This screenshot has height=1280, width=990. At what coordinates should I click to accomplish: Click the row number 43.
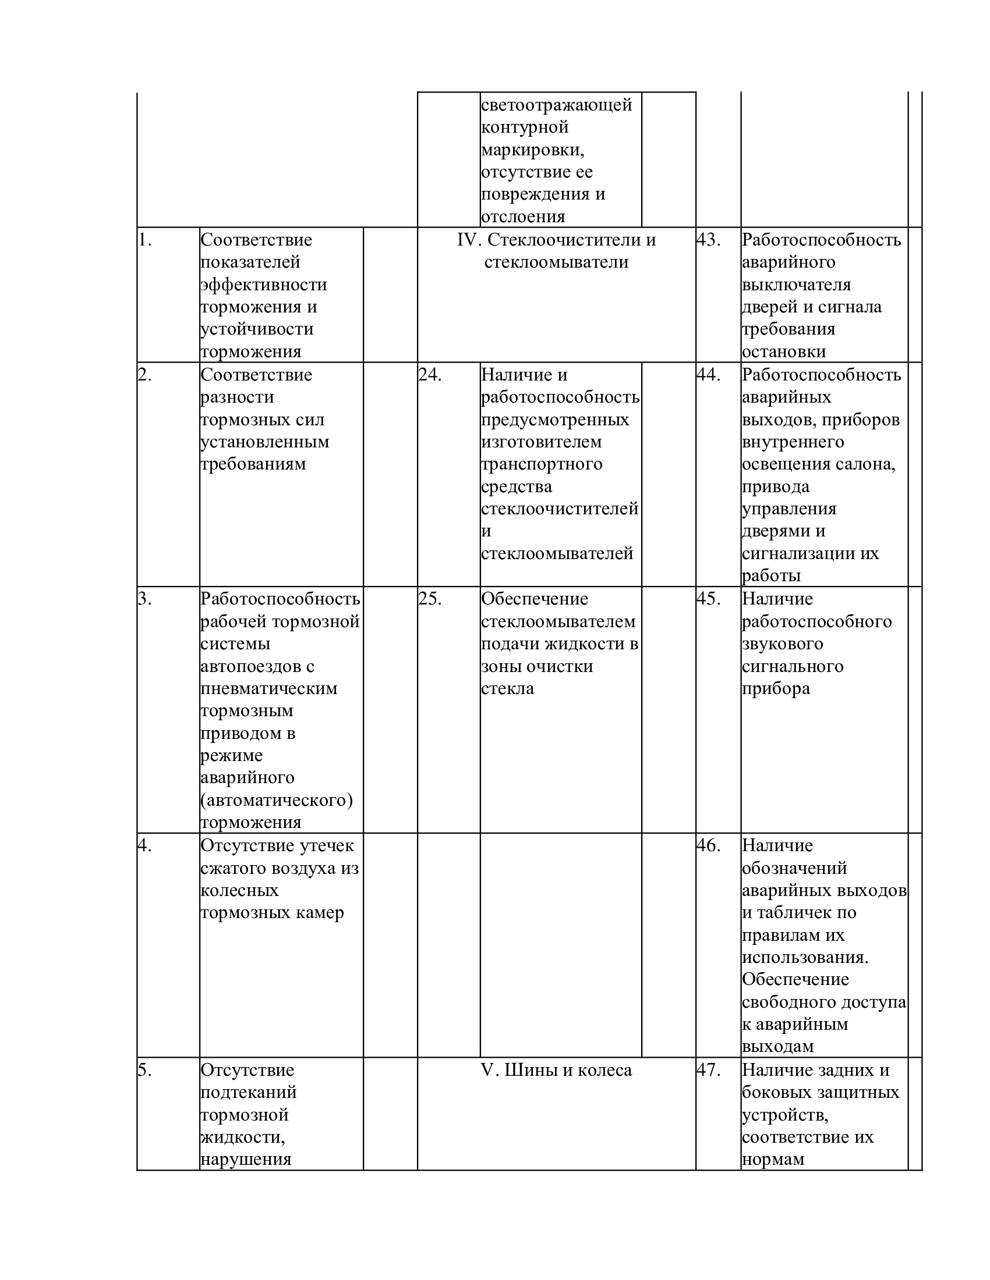pos(708,240)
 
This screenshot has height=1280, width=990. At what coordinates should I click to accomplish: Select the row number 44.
pos(708,375)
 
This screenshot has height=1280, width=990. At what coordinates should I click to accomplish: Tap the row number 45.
pos(708,599)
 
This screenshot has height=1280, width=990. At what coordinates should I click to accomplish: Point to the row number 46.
pos(708,846)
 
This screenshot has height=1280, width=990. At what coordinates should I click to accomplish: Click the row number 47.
pos(708,1070)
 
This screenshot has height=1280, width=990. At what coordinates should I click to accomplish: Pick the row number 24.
pos(430,375)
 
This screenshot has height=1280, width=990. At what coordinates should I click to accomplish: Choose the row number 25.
pos(430,599)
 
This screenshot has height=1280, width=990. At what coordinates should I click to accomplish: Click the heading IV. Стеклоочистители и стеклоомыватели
pos(556,251)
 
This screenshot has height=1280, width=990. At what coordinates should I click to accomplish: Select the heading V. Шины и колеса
pos(556,1070)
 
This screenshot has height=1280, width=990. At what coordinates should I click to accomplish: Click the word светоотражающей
pos(556,105)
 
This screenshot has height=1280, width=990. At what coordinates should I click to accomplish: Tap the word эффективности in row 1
pos(263,285)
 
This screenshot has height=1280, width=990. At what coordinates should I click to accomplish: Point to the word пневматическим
pos(268,688)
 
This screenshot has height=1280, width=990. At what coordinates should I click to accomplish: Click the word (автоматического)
pos(276,800)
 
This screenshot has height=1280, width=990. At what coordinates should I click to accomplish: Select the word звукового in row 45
pos(782,643)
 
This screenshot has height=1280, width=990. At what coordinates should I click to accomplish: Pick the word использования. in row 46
pos(805,958)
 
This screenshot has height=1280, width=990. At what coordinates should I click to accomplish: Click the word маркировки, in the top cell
pos(532,150)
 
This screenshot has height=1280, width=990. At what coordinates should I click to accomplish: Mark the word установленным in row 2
pos(264,442)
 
